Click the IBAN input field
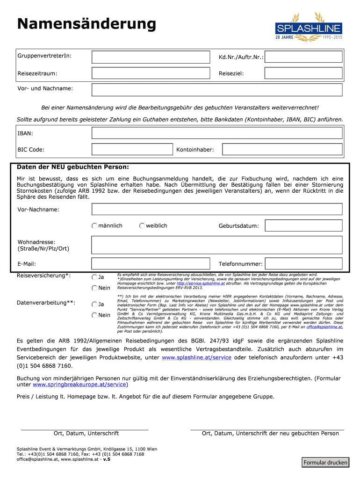(x=217, y=133)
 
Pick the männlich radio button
(x=95, y=226)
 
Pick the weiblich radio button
(x=142, y=226)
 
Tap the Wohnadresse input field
(x=217, y=245)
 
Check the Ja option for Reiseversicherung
(x=95, y=277)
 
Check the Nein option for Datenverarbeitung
(x=95, y=315)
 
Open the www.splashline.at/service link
(x=196, y=358)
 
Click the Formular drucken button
(x=325, y=463)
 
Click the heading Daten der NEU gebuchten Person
(x=73, y=167)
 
